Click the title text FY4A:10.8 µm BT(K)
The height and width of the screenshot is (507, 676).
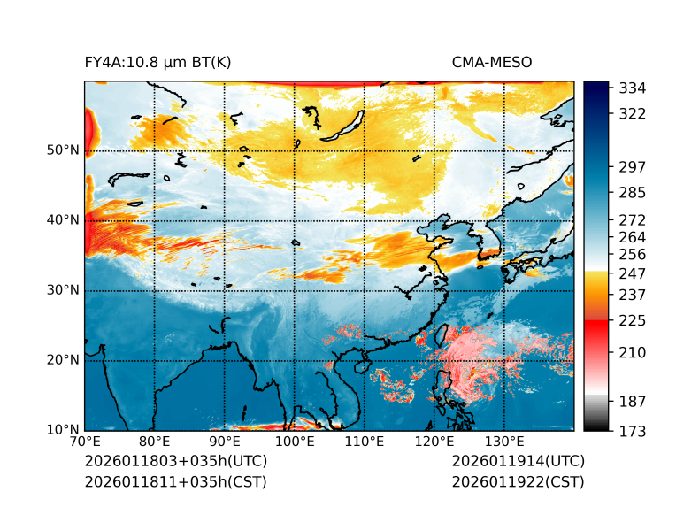(x=157, y=63)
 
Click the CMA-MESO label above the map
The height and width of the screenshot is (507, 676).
(x=491, y=63)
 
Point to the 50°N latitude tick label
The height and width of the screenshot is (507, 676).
(x=63, y=150)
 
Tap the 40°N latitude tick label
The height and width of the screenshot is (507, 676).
(x=63, y=220)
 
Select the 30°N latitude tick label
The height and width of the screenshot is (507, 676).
(x=63, y=290)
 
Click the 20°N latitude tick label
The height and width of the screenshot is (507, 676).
(x=63, y=360)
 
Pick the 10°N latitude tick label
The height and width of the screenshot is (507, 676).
(x=63, y=431)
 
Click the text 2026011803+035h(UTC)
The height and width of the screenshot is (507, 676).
(x=175, y=462)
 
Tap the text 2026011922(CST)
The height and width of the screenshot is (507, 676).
(x=518, y=482)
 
